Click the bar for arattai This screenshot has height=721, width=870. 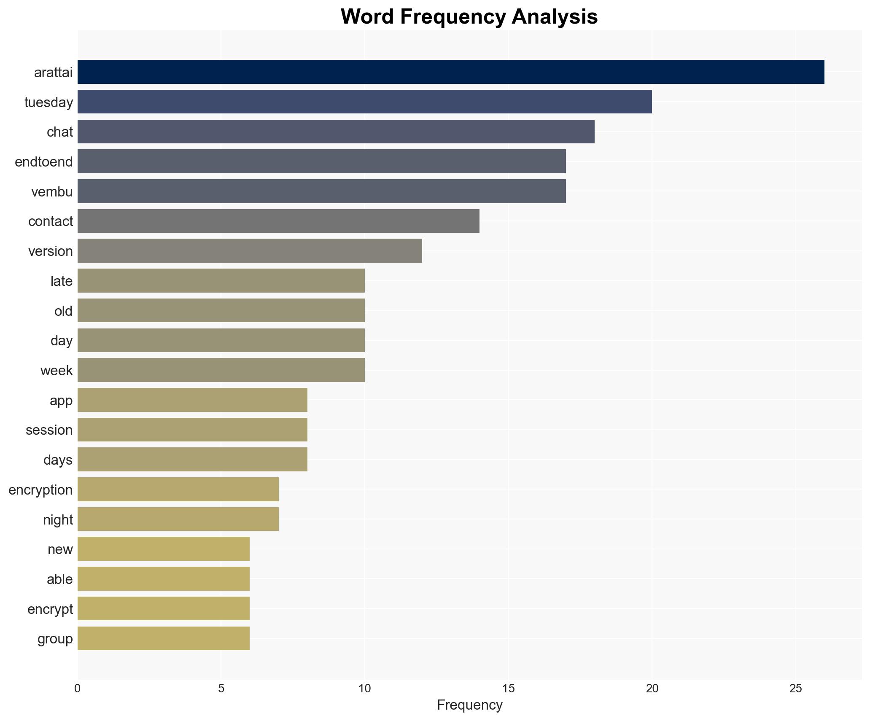[x=450, y=72]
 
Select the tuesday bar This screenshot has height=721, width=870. [x=364, y=102]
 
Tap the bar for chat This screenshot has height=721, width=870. [x=336, y=132]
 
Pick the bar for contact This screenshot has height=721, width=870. [x=278, y=221]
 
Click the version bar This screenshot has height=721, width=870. [x=250, y=251]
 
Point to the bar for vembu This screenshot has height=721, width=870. [x=321, y=191]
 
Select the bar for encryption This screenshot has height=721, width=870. [x=178, y=490]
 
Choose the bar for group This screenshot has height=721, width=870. [x=164, y=638]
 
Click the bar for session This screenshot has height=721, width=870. [x=192, y=430]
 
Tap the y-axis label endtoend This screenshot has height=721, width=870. [x=44, y=162]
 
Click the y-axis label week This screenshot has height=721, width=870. [x=57, y=371]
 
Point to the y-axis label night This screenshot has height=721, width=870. [x=58, y=520]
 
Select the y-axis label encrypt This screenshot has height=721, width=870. [x=50, y=609]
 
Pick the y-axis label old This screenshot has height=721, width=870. [x=63, y=311]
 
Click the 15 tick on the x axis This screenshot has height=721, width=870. [x=508, y=689]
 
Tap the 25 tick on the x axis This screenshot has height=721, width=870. [x=795, y=689]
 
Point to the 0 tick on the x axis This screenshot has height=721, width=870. [x=78, y=689]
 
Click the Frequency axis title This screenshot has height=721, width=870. [x=469, y=705]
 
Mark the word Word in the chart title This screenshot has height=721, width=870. [x=367, y=17]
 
